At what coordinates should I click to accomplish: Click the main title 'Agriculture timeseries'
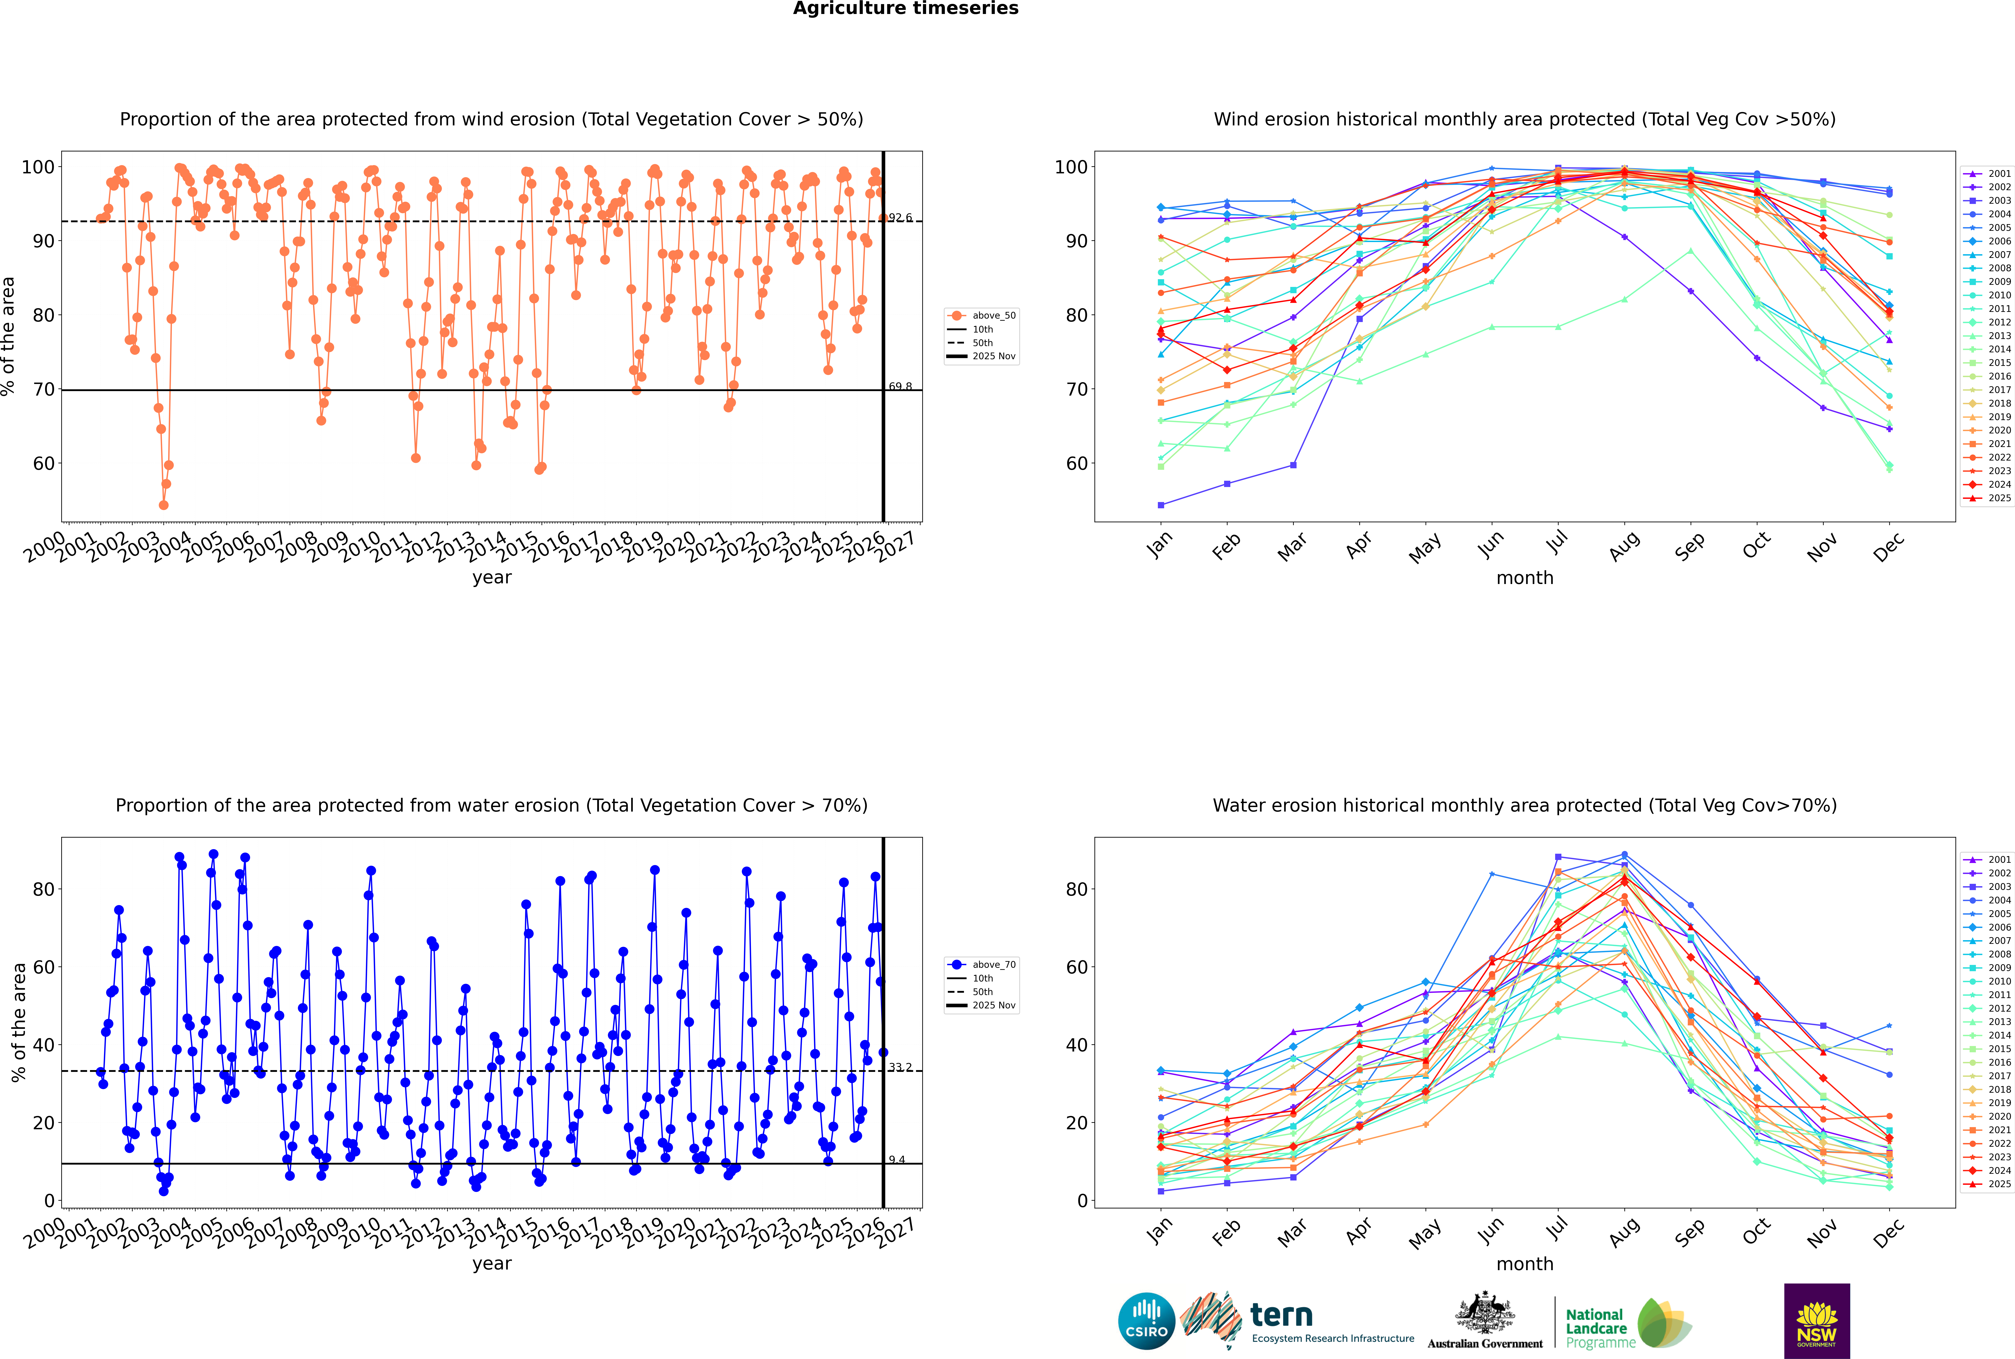[905, 9]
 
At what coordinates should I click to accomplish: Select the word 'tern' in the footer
[1281, 1316]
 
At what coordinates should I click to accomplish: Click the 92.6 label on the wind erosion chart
[900, 217]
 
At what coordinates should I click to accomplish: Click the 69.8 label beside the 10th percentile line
[900, 387]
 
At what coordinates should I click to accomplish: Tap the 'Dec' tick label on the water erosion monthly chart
[1889, 1231]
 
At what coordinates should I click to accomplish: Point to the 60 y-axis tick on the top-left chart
[43, 464]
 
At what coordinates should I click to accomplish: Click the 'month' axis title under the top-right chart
[1525, 578]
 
